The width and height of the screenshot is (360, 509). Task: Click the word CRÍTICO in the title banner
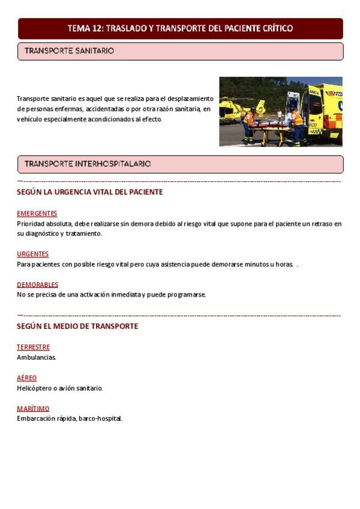[275, 28]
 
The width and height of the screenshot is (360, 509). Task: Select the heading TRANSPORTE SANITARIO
[69, 52]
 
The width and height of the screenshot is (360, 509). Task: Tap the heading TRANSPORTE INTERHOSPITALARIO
[88, 164]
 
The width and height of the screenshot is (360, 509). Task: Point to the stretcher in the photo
[270, 127]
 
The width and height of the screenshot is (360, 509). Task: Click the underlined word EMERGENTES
[37, 214]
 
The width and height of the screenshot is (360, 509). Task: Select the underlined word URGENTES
[33, 254]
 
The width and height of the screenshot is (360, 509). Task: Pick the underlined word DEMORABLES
[38, 285]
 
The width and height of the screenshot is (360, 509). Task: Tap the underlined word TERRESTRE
[34, 347]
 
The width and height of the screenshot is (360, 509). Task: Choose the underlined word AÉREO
[27, 378]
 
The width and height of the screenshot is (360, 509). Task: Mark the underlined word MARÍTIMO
[33, 408]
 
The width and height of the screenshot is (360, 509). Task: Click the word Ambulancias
[37, 357]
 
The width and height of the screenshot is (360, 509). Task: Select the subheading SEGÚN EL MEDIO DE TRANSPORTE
[77, 327]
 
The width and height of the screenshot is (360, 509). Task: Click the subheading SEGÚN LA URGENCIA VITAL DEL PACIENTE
[90, 192]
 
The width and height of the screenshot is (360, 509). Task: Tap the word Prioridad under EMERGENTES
[31, 224]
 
